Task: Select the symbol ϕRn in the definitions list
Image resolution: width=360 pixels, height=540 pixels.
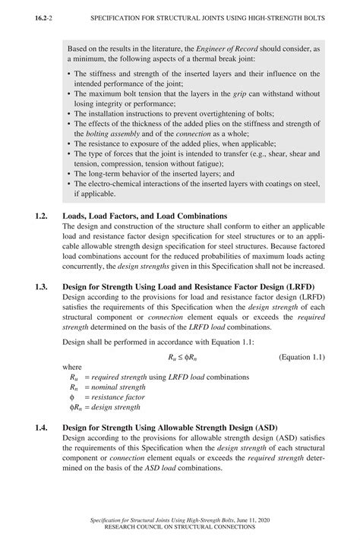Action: pos(75,407)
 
